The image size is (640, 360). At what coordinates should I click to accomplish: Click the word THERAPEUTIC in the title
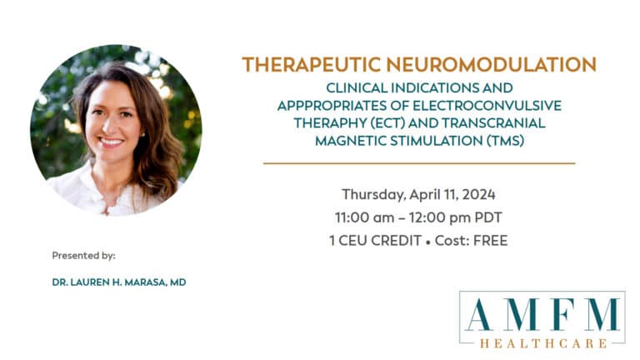(311, 64)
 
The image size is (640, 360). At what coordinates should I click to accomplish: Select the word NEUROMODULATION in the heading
(492, 64)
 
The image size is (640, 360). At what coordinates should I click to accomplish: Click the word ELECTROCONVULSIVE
(487, 106)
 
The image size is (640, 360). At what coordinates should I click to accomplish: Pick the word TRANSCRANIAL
(493, 123)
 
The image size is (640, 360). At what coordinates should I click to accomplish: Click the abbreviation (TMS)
(505, 141)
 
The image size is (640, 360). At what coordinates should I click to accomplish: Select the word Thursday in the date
(373, 195)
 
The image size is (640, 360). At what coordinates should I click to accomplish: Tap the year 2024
(479, 194)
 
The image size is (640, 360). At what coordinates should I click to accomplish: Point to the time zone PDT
(488, 217)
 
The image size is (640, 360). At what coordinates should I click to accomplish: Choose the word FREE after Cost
(490, 241)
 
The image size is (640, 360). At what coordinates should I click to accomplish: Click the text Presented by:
(83, 256)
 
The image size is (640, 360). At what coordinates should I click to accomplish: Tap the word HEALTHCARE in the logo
(543, 343)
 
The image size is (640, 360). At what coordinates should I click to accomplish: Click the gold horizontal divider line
(419, 163)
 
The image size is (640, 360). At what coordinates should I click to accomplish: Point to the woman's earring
(142, 134)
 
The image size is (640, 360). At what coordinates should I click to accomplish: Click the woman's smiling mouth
(111, 142)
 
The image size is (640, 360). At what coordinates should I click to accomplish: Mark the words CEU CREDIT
(380, 241)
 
